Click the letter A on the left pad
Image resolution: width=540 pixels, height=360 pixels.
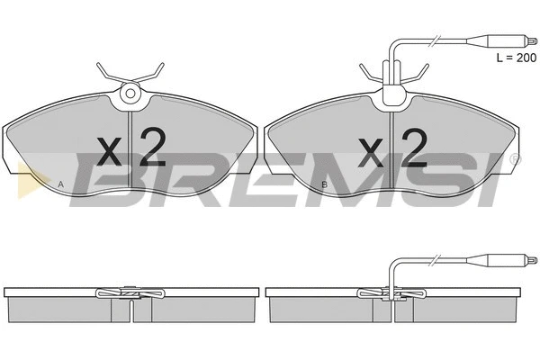click(x=61, y=184)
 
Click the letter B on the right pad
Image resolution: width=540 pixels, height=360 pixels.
click(x=324, y=184)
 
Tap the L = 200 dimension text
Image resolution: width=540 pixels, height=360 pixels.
click(x=517, y=58)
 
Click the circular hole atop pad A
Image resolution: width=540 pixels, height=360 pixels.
click(x=130, y=93)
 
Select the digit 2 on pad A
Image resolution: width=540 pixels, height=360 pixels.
click(x=152, y=147)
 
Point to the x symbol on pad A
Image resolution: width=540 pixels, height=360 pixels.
click(x=110, y=151)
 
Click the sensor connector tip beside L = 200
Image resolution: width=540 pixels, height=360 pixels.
click(x=531, y=40)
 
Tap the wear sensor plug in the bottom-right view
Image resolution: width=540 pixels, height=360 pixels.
click(x=502, y=260)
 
